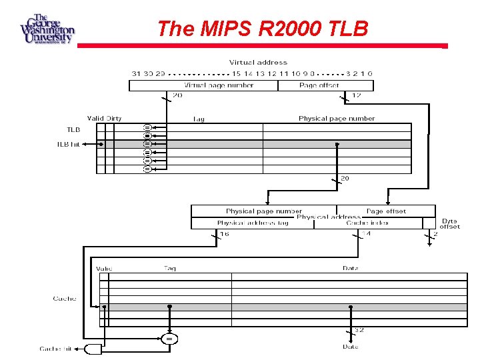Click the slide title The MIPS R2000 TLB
[262, 29]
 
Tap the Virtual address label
[258, 63]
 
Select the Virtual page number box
[219, 85]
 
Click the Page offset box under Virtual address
[319, 85]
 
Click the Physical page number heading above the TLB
[337, 119]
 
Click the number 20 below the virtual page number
[177, 95]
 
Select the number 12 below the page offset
[356, 95]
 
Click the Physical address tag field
[252, 223]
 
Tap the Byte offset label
[449, 223]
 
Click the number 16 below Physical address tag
[225, 234]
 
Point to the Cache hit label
[55, 349]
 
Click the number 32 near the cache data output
[358, 330]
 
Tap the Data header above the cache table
[351, 269]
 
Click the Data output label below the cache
[351, 347]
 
